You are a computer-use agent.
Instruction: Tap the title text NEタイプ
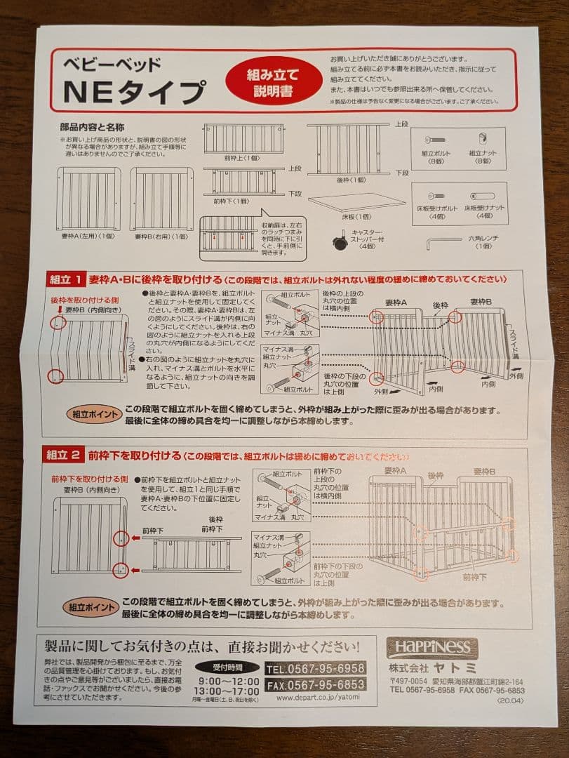pyautogui.click(x=135, y=92)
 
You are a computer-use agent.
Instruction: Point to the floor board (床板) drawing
pyautogui.click(x=356, y=201)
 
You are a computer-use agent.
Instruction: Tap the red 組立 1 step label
pyautogui.click(x=65, y=279)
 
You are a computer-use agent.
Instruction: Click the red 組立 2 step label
pyautogui.click(x=65, y=455)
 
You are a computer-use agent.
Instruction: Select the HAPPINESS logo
pyautogui.click(x=432, y=648)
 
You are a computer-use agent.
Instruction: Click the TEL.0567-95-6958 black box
pyautogui.click(x=314, y=668)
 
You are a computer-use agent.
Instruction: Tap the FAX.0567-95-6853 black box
pyautogui.click(x=314, y=684)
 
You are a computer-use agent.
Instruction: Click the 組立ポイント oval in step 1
pyautogui.click(x=92, y=414)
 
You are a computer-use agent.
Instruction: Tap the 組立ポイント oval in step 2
pyautogui.click(x=92, y=608)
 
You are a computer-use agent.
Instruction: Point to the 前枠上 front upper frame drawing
pyautogui.click(x=244, y=139)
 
